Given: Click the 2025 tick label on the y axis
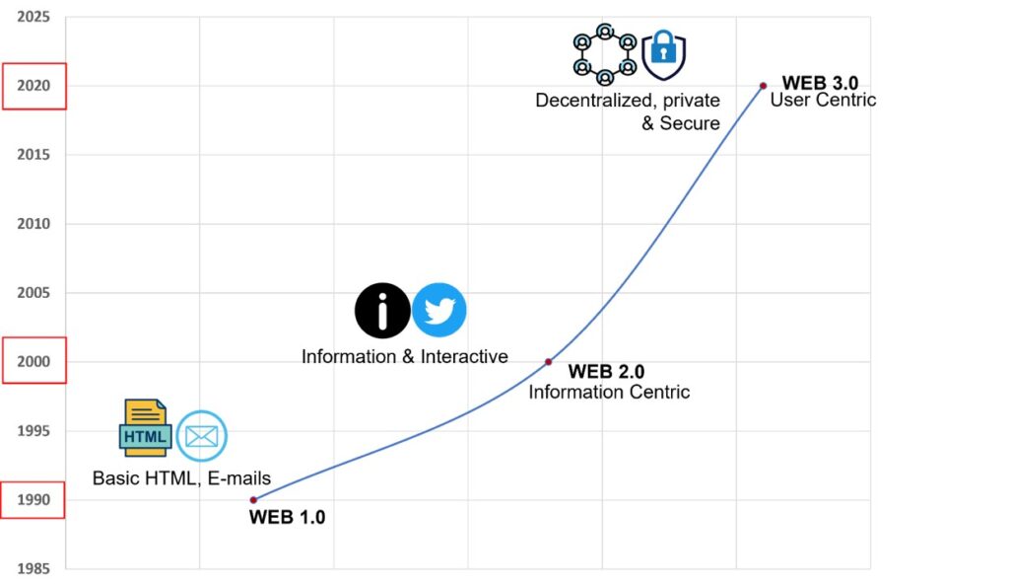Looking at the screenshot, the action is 34,17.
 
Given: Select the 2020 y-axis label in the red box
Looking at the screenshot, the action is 34,86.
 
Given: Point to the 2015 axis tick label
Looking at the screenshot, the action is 34,155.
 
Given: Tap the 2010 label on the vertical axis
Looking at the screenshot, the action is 34,224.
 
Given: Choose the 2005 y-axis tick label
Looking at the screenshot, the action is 34,292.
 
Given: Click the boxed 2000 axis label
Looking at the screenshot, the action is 34,361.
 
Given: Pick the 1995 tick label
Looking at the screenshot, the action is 34,431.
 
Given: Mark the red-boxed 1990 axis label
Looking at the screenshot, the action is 34,500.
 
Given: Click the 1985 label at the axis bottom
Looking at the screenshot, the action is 34,568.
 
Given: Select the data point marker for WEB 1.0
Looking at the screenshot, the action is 253,500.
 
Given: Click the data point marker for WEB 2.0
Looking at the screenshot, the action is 548,362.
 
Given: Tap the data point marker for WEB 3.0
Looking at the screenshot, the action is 764,86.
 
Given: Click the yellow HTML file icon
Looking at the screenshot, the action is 146,427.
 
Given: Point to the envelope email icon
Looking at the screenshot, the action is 201,436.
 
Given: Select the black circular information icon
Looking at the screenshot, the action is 382,311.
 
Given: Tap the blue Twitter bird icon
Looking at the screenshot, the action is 439,311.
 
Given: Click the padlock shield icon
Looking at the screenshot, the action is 663,54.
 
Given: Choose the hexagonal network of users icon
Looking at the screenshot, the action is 605,54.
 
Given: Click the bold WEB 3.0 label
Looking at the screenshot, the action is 820,83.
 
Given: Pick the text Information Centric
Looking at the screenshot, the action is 609,392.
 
